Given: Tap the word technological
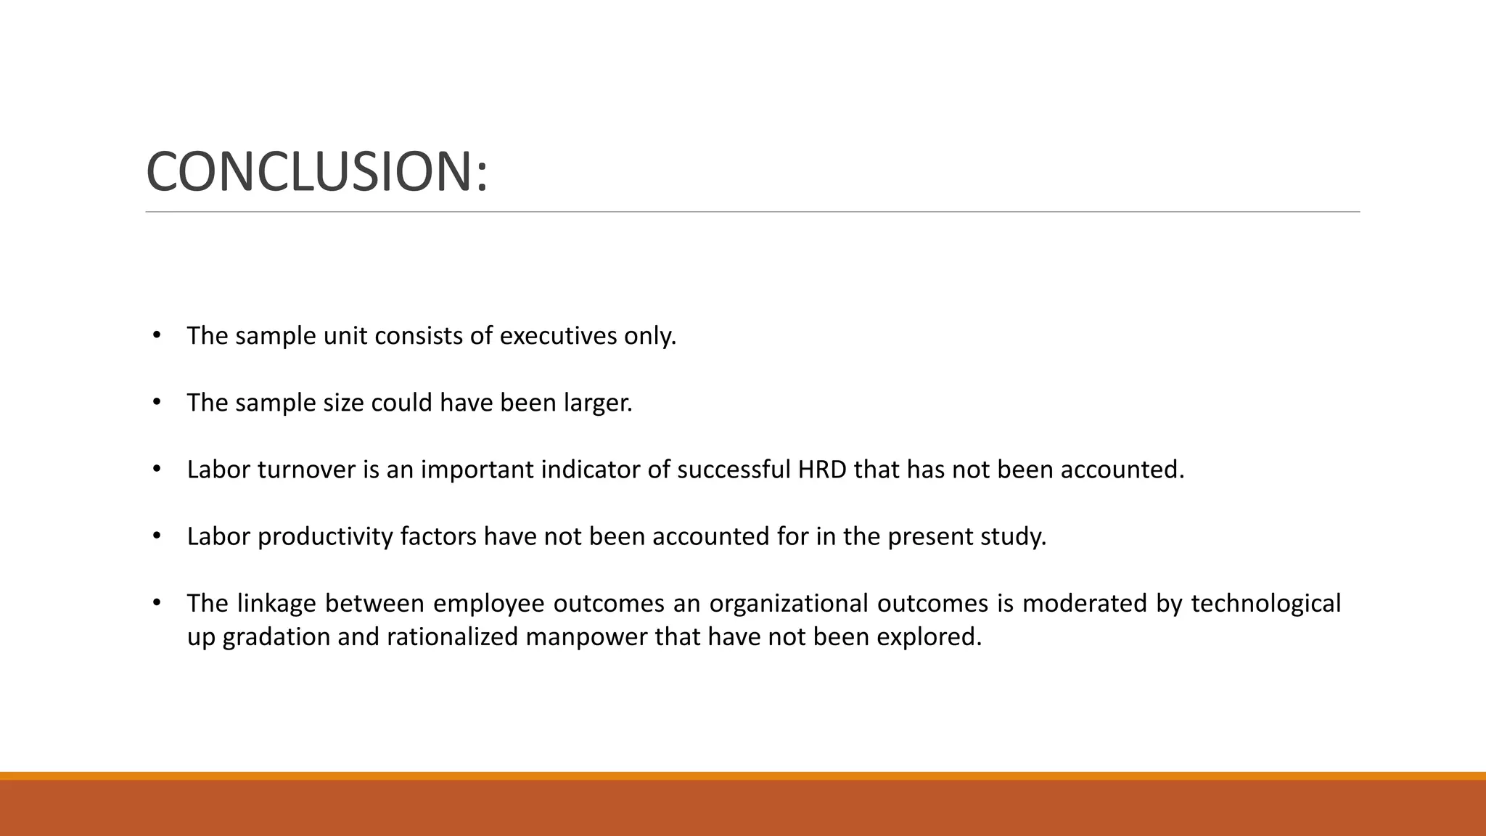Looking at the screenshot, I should point(1265,603).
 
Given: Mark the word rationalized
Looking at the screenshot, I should point(452,636).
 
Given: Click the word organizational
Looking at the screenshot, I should point(789,603).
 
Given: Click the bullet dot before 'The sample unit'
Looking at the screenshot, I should point(156,335).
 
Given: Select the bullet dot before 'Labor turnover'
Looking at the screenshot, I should point(156,469).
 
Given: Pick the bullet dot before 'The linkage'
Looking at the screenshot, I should point(156,602).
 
